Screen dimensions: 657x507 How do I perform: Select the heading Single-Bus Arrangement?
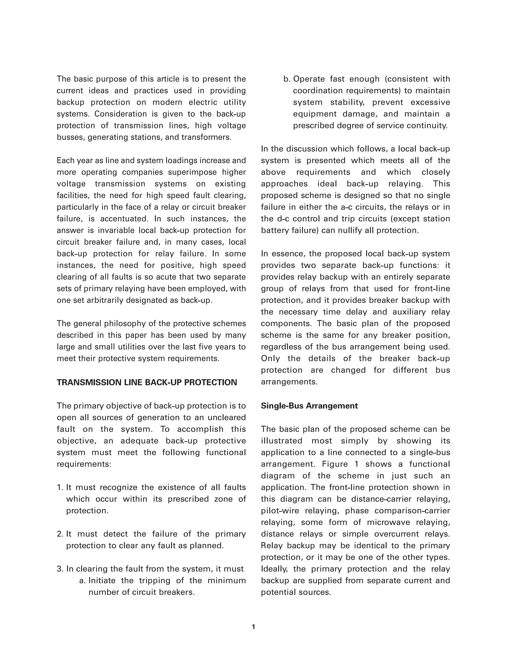(309, 406)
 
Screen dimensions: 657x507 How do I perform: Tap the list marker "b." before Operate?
(287, 79)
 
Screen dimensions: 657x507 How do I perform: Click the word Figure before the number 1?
(335, 464)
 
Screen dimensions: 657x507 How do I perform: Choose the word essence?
(288, 254)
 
